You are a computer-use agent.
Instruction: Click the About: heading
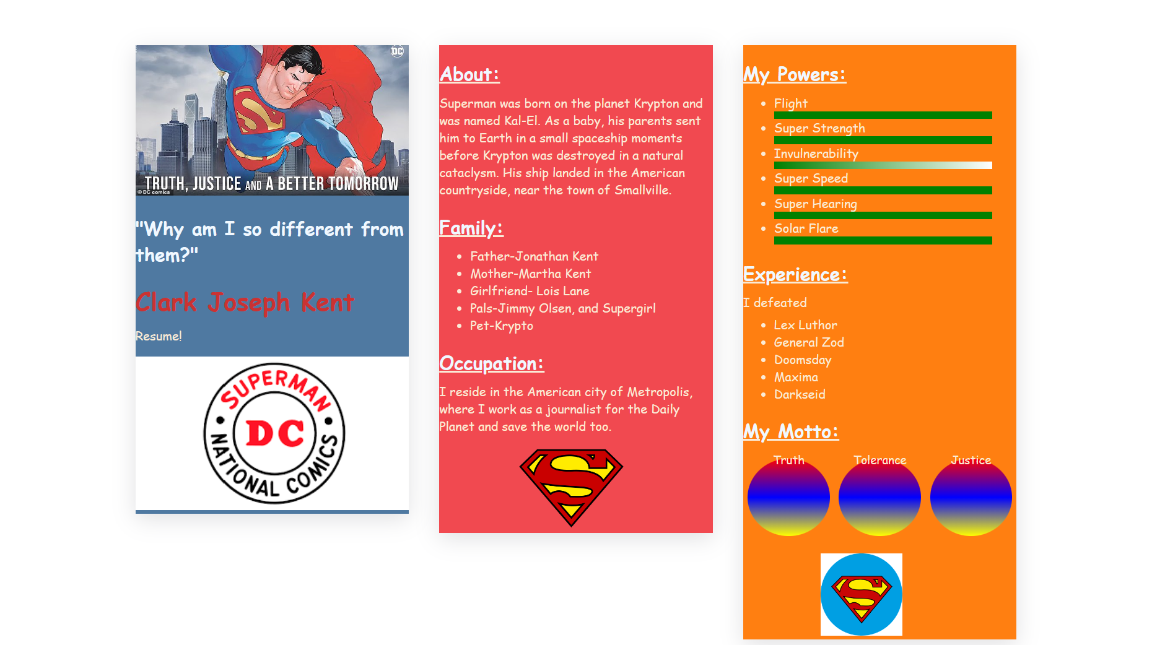point(469,74)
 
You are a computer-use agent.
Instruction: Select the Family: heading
point(471,228)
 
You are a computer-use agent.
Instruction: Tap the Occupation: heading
point(491,363)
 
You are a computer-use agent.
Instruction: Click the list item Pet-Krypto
point(501,326)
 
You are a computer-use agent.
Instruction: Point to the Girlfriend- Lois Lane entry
point(530,291)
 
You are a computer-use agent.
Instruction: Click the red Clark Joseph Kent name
point(245,303)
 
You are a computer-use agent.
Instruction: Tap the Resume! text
point(159,336)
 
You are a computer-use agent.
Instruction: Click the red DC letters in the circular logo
point(275,433)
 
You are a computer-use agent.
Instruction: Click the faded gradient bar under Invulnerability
point(883,165)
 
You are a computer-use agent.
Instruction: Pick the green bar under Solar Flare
point(883,240)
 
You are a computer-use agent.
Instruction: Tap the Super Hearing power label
point(815,204)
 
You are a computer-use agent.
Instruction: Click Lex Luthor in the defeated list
point(805,325)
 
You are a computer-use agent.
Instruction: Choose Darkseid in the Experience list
point(799,394)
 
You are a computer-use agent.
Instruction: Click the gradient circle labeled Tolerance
point(879,498)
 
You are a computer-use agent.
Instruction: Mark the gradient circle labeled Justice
point(971,498)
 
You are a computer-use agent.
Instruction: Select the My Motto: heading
point(791,431)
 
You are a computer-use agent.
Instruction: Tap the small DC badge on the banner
point(397,51)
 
